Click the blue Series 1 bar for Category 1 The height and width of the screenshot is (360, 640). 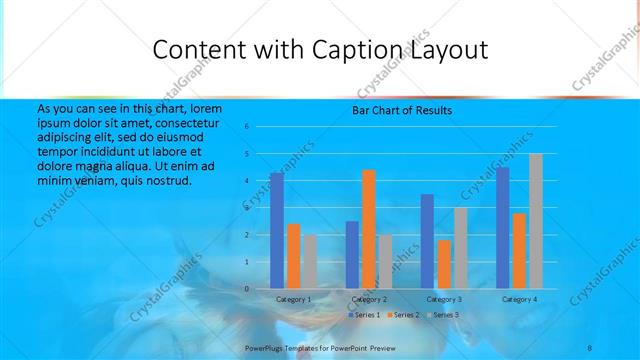(276, 231)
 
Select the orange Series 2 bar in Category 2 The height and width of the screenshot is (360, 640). (368, 229)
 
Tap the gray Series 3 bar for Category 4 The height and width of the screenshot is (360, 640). (536, 221)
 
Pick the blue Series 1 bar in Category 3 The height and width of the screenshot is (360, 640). (427, 241)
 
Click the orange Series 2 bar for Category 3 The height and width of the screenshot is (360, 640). (444, 264)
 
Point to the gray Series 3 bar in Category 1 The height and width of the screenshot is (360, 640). (309, 262)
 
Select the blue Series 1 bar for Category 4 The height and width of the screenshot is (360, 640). (502, 228)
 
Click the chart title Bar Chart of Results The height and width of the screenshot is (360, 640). (401, 110)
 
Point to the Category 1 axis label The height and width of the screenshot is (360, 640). (293, 299)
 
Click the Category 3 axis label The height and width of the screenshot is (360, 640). (443, 299)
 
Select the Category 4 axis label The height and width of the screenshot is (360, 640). (519, 299)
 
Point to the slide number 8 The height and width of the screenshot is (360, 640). (590, 347)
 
